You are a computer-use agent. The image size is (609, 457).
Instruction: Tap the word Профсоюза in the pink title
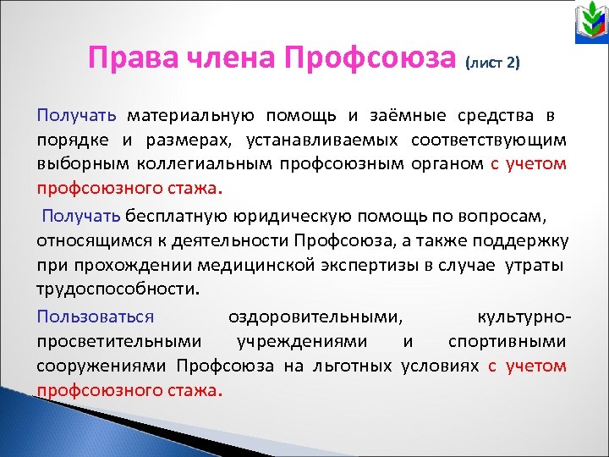click(371, 60)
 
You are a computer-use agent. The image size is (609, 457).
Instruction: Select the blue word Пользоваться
click(95, 317)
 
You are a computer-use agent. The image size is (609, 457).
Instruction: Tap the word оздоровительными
click(315, 317)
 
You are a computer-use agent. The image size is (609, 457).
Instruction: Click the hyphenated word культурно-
click(524, 317)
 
